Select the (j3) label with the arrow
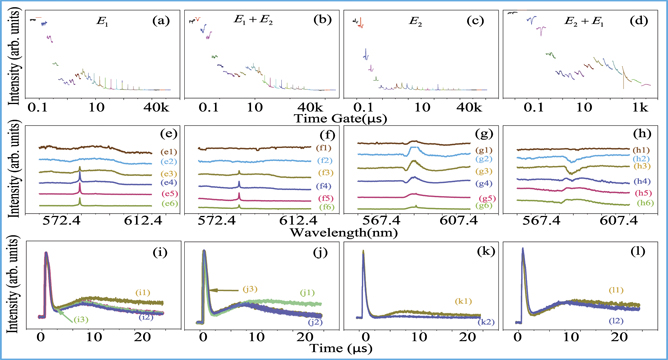[252, 262]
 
